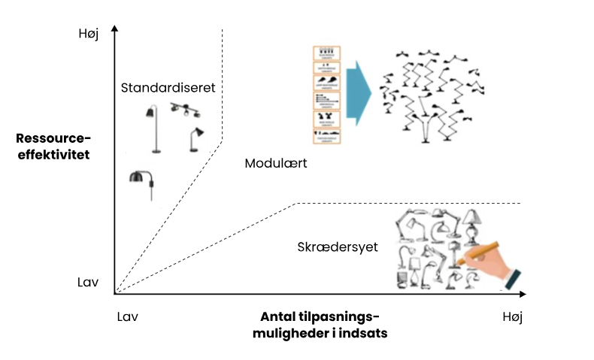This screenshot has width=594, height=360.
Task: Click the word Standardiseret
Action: coord(168,88)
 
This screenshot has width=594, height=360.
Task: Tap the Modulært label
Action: coord(277,163)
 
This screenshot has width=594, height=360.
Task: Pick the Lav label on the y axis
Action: coord(88,283)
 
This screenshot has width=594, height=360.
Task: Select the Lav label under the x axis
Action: coord(129,316)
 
